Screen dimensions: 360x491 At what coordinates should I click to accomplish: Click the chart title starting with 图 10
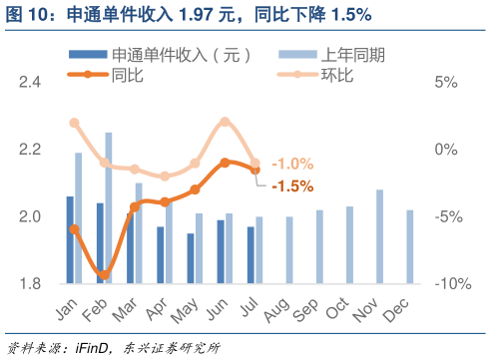pyautogui.click(x=190, y=14)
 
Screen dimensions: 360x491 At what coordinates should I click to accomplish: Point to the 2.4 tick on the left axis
pyautogui.click(x=30, y=82)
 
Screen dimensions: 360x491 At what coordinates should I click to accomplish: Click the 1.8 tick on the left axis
pyautogui.click(x=30, y=284)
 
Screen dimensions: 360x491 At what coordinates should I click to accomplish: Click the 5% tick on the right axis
pyautogui.click(x=446, y=82)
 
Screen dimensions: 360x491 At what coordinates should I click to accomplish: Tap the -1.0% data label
pyautogui.click(x=292, y=164)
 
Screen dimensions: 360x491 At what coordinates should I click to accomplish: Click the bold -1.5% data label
pyautogui.click(x=292, y=185)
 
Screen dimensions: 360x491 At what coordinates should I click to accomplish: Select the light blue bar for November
pyautogui.click(x=379, y=236)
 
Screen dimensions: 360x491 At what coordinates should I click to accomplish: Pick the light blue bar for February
pyautogui.click(x=109, y=208)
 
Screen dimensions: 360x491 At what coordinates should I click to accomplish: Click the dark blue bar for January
pyautogui.click(x=70, y=239)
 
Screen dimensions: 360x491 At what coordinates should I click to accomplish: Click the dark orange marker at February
pyautogui.click(x=104, y=275)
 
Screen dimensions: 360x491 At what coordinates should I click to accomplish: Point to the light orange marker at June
pyautogui.click(x=225, y=122)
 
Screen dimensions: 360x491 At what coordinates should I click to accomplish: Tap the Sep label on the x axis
pyautogui.click(x=308, y=307)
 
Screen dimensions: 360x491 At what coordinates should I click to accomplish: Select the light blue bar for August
pyautogui.click(x=289, y=250)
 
